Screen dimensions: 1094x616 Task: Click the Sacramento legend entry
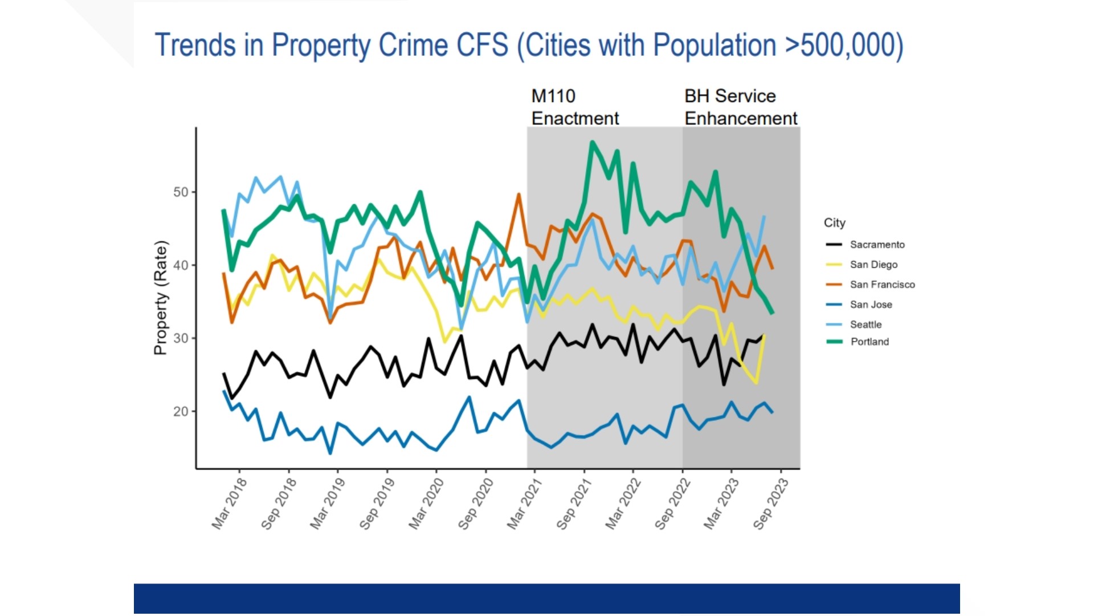pos(865,245)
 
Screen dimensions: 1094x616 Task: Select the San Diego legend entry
pos(862,265)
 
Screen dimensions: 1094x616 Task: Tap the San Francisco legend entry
pos(870,285)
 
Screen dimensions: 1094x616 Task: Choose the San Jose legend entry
pos(859,305)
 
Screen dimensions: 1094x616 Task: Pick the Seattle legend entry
pos(854,325)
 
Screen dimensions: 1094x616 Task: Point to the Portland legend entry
pos(857,342)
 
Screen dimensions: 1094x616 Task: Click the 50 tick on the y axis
pos(181,192)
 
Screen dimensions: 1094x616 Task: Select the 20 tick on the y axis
pos(181,411)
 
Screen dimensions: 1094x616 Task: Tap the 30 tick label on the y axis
pos(181,338)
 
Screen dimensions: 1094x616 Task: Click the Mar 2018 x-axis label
pos(230,504)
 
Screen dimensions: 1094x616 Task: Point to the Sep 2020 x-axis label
pos(476,504)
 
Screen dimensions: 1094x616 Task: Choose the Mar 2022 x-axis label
pos(623,504)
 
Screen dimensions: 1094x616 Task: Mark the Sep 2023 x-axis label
pos(771,504)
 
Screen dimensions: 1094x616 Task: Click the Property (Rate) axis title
pos(161,298)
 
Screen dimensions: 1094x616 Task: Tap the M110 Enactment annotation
pos(575,107)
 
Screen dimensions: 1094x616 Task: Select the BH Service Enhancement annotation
pos(741,107)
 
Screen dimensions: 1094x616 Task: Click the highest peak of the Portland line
pos(593,142)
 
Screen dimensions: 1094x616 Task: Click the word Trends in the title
pos(195,45)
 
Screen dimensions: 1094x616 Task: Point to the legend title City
pos(835,223)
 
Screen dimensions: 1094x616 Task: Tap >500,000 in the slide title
pos(844,45)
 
